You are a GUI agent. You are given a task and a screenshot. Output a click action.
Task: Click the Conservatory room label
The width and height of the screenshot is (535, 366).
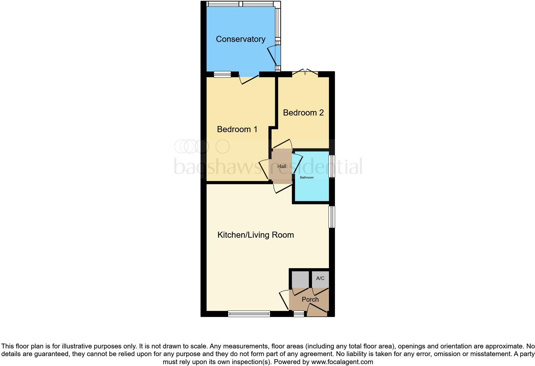coord(241,39)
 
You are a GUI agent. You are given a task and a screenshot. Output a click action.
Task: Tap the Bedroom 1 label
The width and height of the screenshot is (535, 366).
coord(237,129)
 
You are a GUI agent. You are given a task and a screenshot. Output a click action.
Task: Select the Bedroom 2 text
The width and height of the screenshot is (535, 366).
coord(303,113)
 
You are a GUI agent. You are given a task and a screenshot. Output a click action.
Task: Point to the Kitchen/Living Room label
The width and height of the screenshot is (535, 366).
coord(256,235)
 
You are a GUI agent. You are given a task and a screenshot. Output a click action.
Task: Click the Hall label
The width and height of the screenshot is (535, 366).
coord(282,166)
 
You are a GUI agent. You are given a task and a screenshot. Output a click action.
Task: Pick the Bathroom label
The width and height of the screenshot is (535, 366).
coord(307,178)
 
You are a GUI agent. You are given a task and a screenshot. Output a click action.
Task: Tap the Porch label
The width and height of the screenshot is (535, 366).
coord(310,299)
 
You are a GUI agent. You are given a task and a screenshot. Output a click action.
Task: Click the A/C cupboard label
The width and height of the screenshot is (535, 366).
coord(320,278)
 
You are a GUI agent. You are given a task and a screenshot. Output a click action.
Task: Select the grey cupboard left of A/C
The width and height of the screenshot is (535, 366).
coord(300,279)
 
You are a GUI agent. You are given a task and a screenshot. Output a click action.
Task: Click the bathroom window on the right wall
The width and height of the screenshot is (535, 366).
coord(332,166)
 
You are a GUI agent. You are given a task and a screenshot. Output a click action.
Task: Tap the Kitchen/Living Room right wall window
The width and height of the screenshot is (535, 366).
coord(332,217)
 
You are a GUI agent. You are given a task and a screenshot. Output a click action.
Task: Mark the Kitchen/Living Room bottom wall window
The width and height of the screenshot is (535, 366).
coord(249,314)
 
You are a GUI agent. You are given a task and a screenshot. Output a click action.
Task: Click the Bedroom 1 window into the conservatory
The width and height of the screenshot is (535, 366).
coord(222,74)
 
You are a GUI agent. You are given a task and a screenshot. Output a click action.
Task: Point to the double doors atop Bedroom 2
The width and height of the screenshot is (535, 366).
coord(305,72)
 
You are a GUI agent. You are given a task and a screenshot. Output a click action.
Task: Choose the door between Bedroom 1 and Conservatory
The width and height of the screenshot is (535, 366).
coord(249,79)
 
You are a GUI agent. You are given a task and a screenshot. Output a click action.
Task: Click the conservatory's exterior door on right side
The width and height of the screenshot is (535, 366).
coord(275,56)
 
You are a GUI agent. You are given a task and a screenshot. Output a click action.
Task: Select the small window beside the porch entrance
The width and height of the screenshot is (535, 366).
coord(299,314)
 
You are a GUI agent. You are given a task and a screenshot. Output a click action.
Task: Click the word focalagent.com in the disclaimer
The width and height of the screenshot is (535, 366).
coord(342,362)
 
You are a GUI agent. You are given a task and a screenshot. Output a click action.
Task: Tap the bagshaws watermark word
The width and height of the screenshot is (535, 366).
coord(217,167)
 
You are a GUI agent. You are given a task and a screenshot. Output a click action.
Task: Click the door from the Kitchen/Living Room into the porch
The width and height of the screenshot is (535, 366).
coord(284,300)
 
